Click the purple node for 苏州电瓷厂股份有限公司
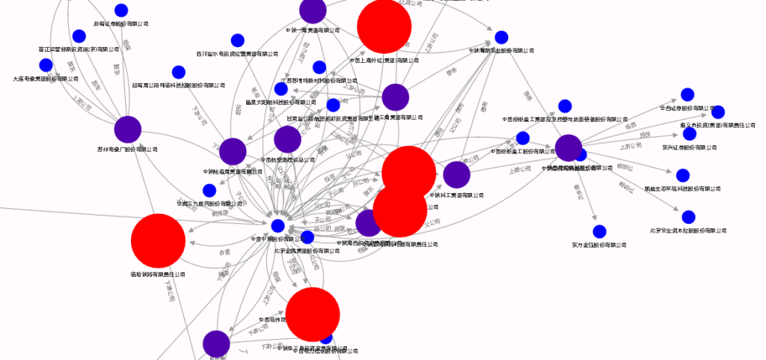click(x=128, y=130)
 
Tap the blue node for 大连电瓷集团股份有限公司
click(x=46, y=65)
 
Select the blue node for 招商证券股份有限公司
click(x=121, y=10)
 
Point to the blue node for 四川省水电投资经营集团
click(x=238, y=40)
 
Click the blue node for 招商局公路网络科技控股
click(x=179, y=73)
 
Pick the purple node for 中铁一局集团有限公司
click(x=313, y=10)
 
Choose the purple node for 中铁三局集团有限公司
click(x=395, y=97)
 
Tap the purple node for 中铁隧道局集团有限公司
click(x=233, y=152)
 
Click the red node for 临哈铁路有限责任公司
click(x=158, y=240)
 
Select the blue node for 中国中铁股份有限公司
click(x=278, y=226)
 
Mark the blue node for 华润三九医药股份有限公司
click(x=209, y=190)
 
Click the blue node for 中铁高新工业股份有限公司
click(x=502, y=37)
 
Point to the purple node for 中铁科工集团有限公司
click(x=456, y=175)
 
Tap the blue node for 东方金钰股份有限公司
click(x=599, y=231)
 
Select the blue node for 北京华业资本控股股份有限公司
click(x=688, y=217)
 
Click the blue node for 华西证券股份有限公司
click(x=687, y=95)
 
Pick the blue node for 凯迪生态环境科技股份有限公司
click(x=682, y=176)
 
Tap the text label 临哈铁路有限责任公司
click(x=158, y=275)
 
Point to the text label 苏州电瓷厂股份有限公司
click(x=128, y=150)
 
